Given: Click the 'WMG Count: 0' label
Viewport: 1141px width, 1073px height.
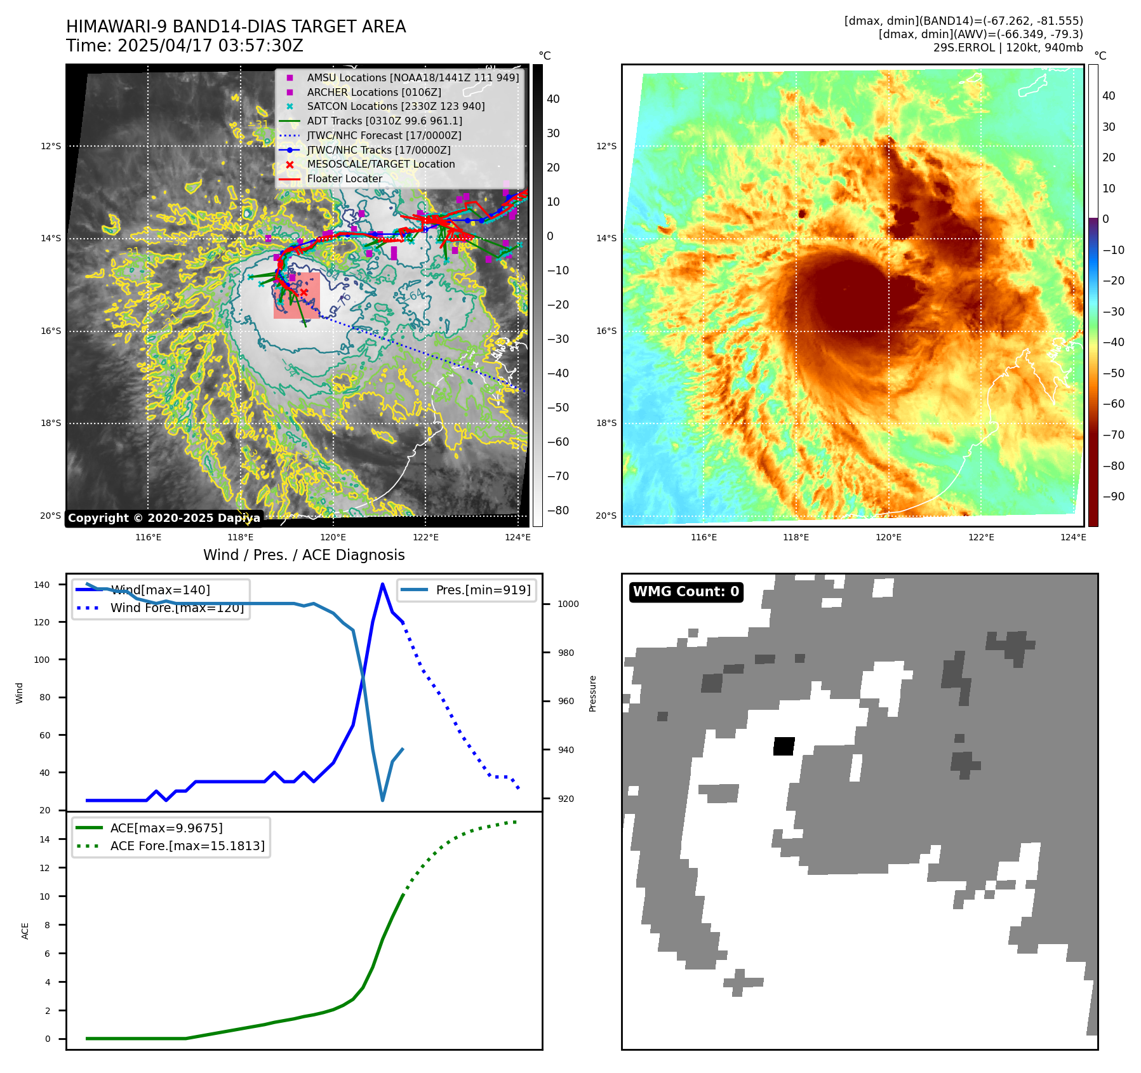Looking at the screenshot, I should (686, 592).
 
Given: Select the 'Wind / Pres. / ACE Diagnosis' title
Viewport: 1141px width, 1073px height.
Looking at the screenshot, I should (304, 555).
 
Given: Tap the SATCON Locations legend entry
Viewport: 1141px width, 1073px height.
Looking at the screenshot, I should (395, 107).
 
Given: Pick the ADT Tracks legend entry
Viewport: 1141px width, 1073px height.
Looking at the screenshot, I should (384, 121).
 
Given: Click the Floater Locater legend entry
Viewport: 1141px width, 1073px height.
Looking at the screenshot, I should (344, 178).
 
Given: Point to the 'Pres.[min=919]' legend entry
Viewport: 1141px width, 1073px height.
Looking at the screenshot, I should (483, 590).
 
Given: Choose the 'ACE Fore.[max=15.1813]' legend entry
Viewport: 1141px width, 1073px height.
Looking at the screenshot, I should (187, 846).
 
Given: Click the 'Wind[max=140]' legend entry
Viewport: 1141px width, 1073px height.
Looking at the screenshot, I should (160, 590).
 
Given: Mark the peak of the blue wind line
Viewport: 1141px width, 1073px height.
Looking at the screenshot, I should (382, 584).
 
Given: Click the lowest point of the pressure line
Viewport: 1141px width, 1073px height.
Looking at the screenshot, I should (382, 800).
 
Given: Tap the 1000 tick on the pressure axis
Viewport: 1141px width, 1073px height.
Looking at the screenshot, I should (568, 604).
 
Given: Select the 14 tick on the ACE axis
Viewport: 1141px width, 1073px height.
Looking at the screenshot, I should (45, 839).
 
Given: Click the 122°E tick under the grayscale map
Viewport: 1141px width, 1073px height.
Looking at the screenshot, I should (425, 537).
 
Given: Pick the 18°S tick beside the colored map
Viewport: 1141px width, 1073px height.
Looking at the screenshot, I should (606, 423).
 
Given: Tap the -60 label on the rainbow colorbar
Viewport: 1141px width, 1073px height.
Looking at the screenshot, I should (1113, 404).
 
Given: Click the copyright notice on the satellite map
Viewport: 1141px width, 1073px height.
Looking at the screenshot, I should (164, 518).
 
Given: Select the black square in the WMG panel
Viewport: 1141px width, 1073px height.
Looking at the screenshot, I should (784, 746).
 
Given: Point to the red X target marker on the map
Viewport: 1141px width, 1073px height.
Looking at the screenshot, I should (304, 292).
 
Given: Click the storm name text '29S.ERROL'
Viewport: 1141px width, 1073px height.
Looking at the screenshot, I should (960, 48).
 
